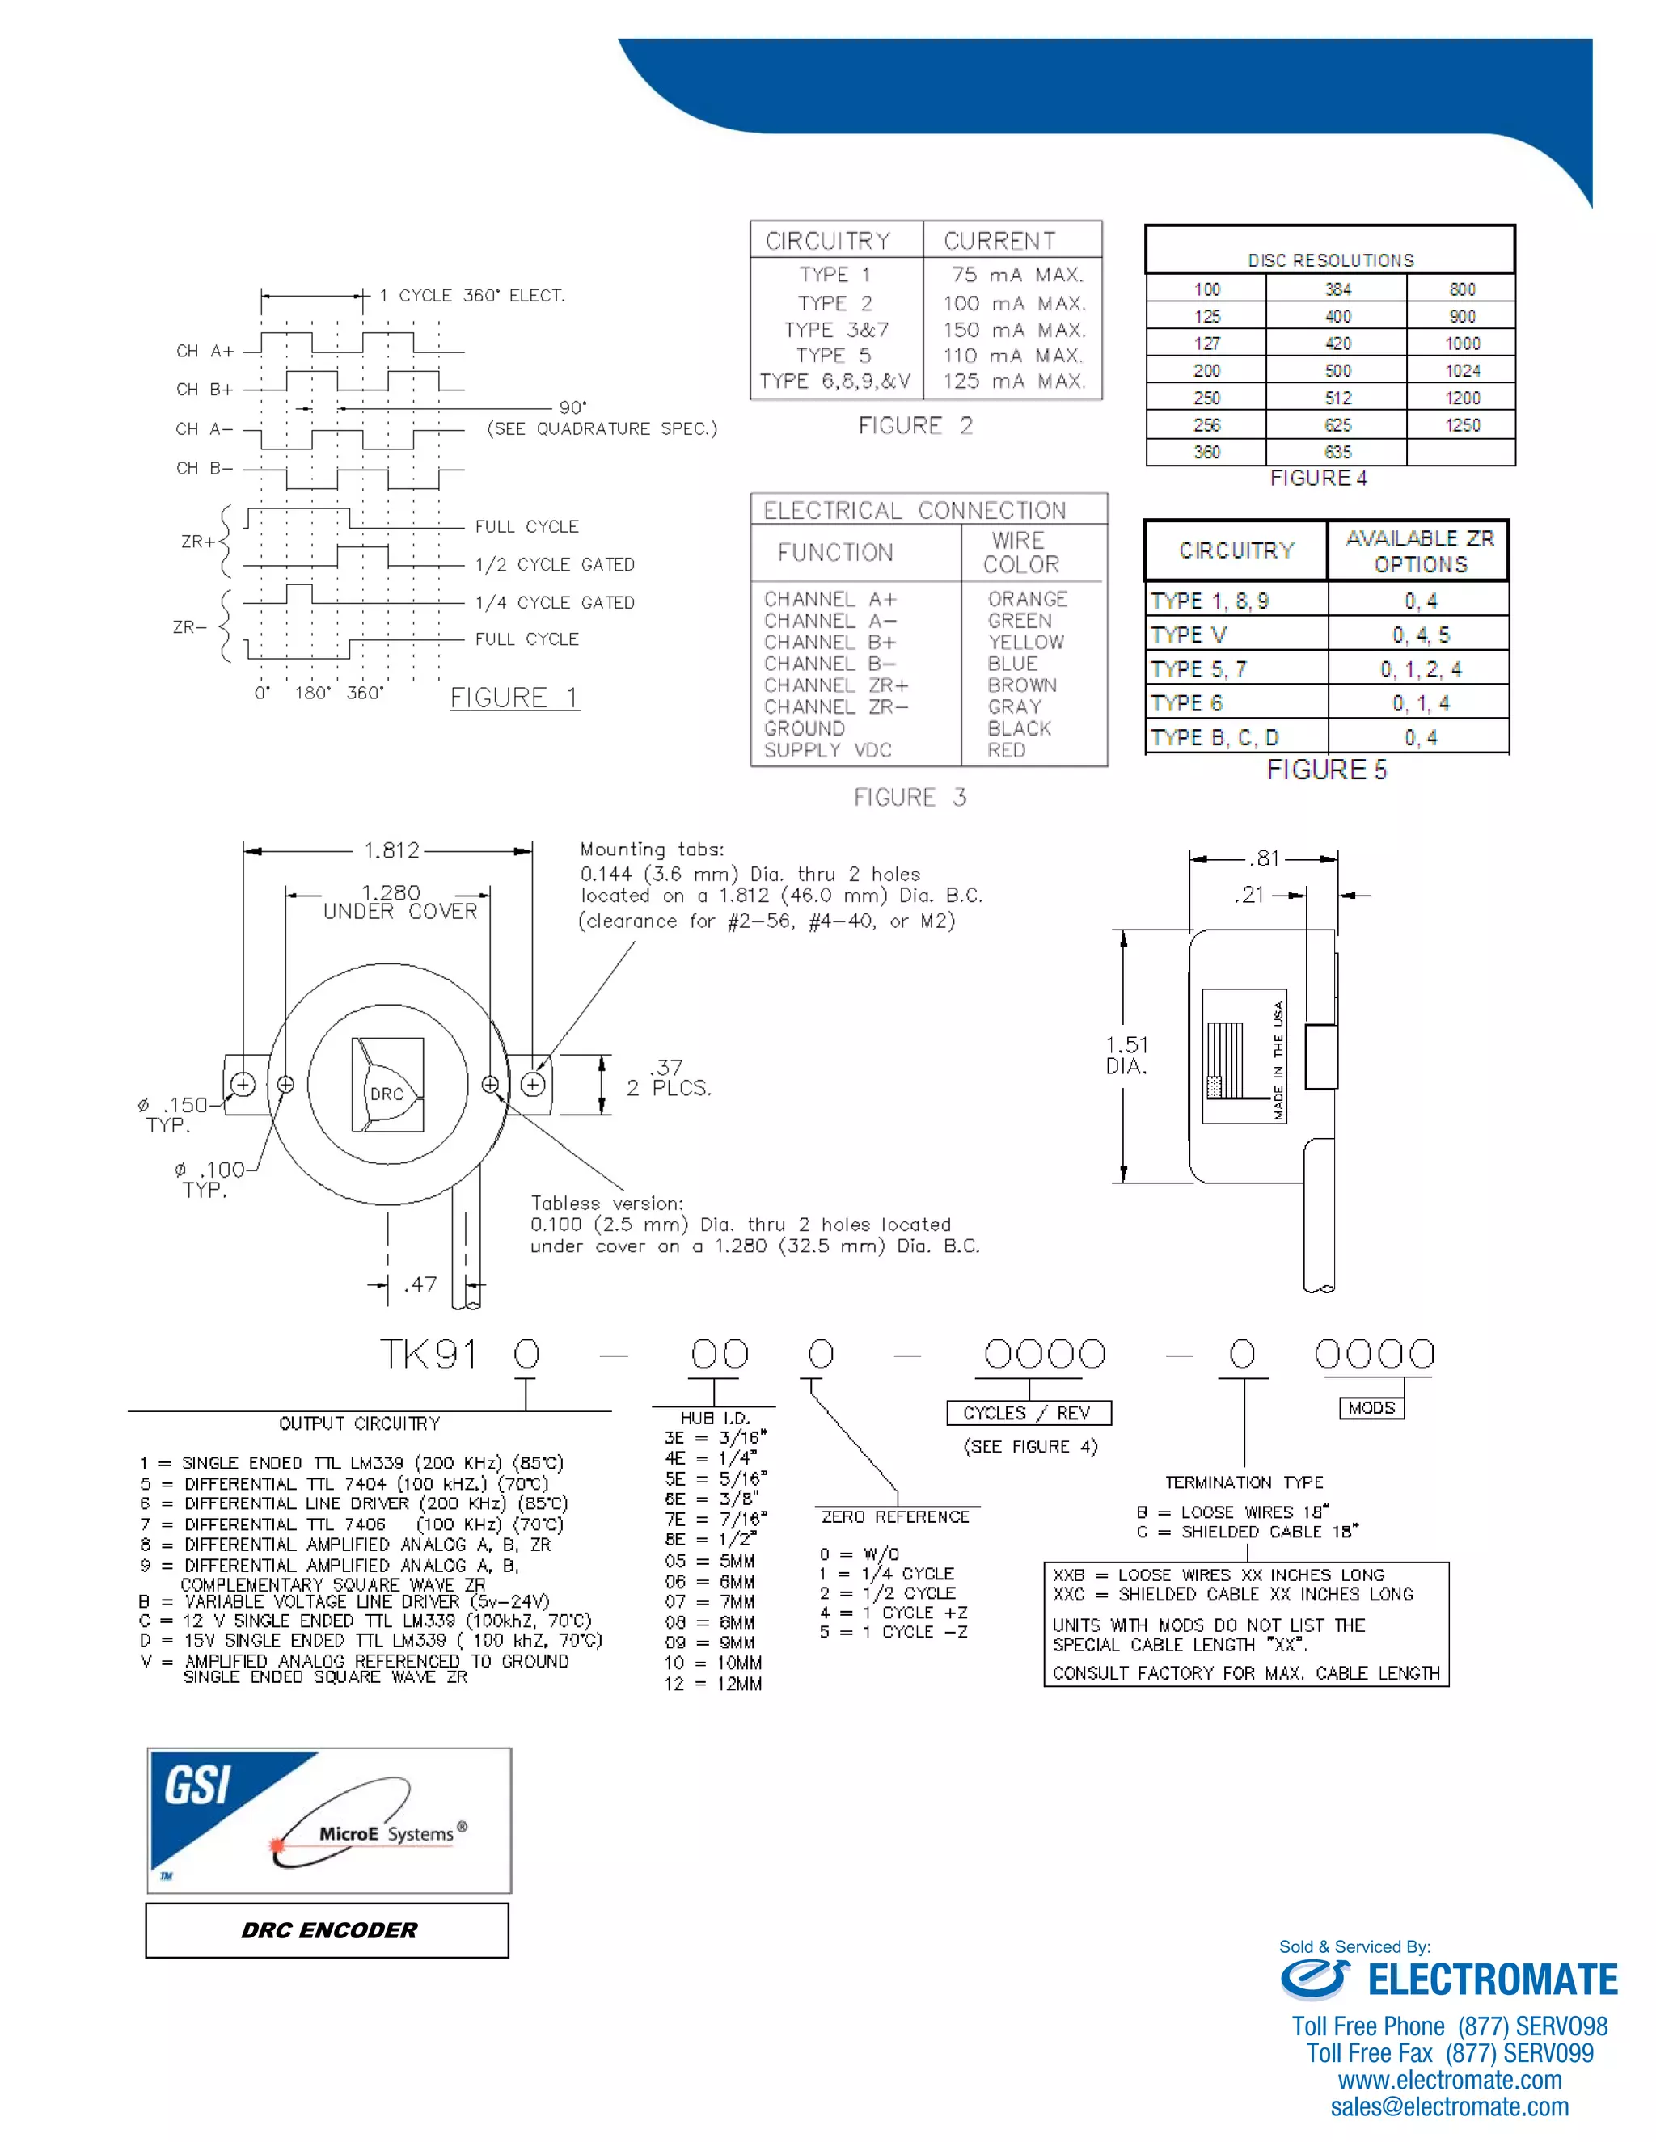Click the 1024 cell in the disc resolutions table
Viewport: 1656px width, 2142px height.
point(1462,371)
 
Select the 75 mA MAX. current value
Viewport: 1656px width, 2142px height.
point(1016,275)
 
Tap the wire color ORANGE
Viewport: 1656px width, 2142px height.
point(1027,598)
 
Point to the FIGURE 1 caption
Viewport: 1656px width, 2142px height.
point(514,698)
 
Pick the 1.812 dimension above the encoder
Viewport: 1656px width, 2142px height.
point(391,850)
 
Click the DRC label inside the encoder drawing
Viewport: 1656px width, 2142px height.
point(387,1094)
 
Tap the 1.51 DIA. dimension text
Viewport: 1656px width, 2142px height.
point(1126,1056)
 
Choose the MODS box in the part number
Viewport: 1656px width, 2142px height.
point(1371,1407)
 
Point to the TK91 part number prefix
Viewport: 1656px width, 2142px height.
point(429,1355)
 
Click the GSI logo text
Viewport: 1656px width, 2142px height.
point(198,1785)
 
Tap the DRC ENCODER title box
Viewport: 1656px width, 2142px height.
point(327,1930)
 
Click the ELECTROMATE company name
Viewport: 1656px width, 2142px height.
point(1492,1980)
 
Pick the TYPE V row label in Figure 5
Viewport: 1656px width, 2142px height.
point(1189,635)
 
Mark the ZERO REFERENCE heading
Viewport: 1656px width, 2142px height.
point(895,1516)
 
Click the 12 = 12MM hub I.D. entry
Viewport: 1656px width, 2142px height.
point(713,1683)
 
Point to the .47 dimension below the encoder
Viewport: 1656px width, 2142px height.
point(420,1284)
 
